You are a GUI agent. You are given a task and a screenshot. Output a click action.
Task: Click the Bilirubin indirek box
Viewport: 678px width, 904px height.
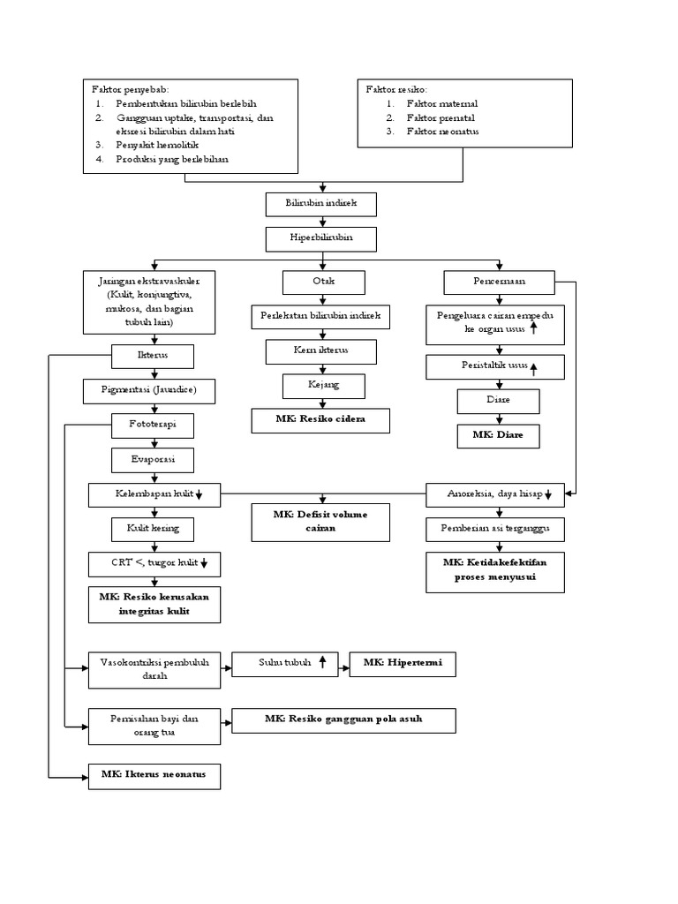click(x=322, y=204)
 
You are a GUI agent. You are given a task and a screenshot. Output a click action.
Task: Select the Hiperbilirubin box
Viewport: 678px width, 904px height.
click(x=322, y=238)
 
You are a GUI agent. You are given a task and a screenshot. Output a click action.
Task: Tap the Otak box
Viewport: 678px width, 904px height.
click(x=322, y=282)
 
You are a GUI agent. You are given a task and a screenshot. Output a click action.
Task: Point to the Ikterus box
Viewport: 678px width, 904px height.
click(x=153, y=356)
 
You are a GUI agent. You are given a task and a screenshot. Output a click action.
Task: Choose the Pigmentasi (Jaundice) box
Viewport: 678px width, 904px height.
click(x=153, y=389)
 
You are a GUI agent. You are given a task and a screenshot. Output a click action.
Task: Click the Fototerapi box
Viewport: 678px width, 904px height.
click(x=153, y=426)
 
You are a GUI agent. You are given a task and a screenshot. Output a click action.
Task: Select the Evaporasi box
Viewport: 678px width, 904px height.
click(x=153, y=460)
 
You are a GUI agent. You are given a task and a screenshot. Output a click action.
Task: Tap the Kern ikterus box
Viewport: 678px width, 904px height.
click(x=322, y=351)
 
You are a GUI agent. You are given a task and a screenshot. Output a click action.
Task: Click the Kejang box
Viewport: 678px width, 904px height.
click(x=322, y=386)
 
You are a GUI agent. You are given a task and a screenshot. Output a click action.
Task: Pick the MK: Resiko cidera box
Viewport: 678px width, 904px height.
click(x=320, y=421)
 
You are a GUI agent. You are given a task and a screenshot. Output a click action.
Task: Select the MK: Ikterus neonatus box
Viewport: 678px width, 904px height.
click(x=154, y=775)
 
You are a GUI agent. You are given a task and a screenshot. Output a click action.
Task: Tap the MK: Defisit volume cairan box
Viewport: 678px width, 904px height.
click(x=320, y=522)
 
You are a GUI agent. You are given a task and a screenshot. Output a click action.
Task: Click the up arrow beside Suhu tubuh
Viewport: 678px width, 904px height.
click(x=323, y=662)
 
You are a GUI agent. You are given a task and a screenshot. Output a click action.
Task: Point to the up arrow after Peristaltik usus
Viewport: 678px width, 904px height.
click(x=532, y=369)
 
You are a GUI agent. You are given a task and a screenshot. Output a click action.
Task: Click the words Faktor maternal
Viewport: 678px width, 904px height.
click(x=442, y=103)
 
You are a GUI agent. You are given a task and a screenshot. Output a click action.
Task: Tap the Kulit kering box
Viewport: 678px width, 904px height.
click(x=153, y=529)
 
